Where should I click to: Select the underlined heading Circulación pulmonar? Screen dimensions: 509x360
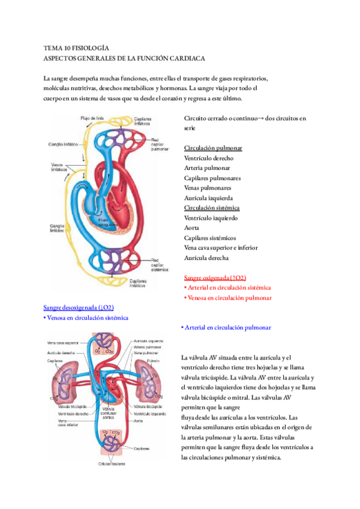coord(213,148)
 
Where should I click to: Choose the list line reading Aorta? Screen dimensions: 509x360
coord(192,227)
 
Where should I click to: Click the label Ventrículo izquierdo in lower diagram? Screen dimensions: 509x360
coord(150,414)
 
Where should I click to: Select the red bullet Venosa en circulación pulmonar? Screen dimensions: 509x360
coord(228,298)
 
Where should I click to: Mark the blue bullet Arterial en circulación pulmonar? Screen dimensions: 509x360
coord(225,328)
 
